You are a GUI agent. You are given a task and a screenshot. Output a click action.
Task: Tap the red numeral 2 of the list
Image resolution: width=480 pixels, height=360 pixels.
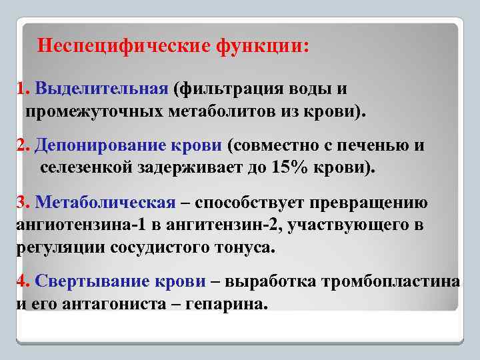point(21,145)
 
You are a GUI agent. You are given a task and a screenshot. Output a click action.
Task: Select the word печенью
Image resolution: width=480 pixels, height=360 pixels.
point(376,145)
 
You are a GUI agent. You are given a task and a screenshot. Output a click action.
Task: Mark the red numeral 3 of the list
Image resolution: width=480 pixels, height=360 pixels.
point(21,203)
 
